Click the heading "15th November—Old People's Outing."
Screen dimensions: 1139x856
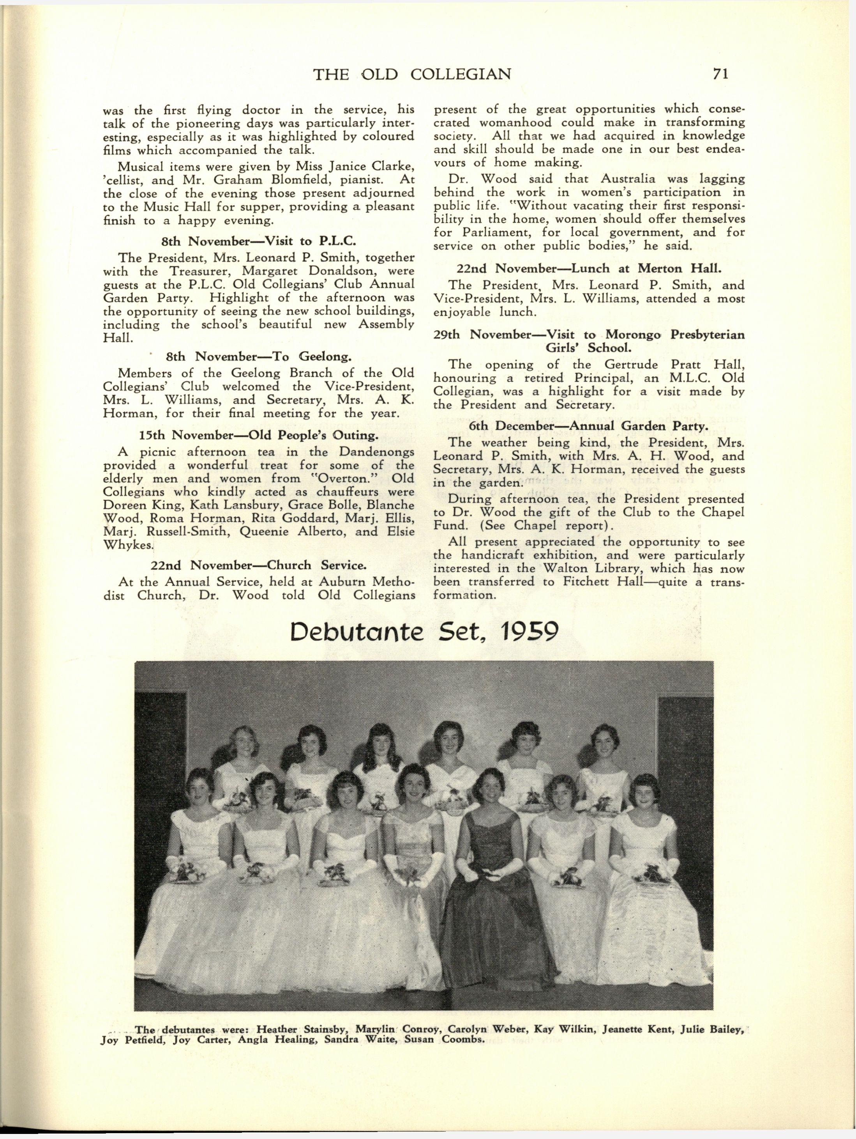click(259, 436)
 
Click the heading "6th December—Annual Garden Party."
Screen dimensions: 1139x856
click(588, 426)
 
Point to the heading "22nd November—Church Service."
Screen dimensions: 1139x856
click(259, 565)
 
